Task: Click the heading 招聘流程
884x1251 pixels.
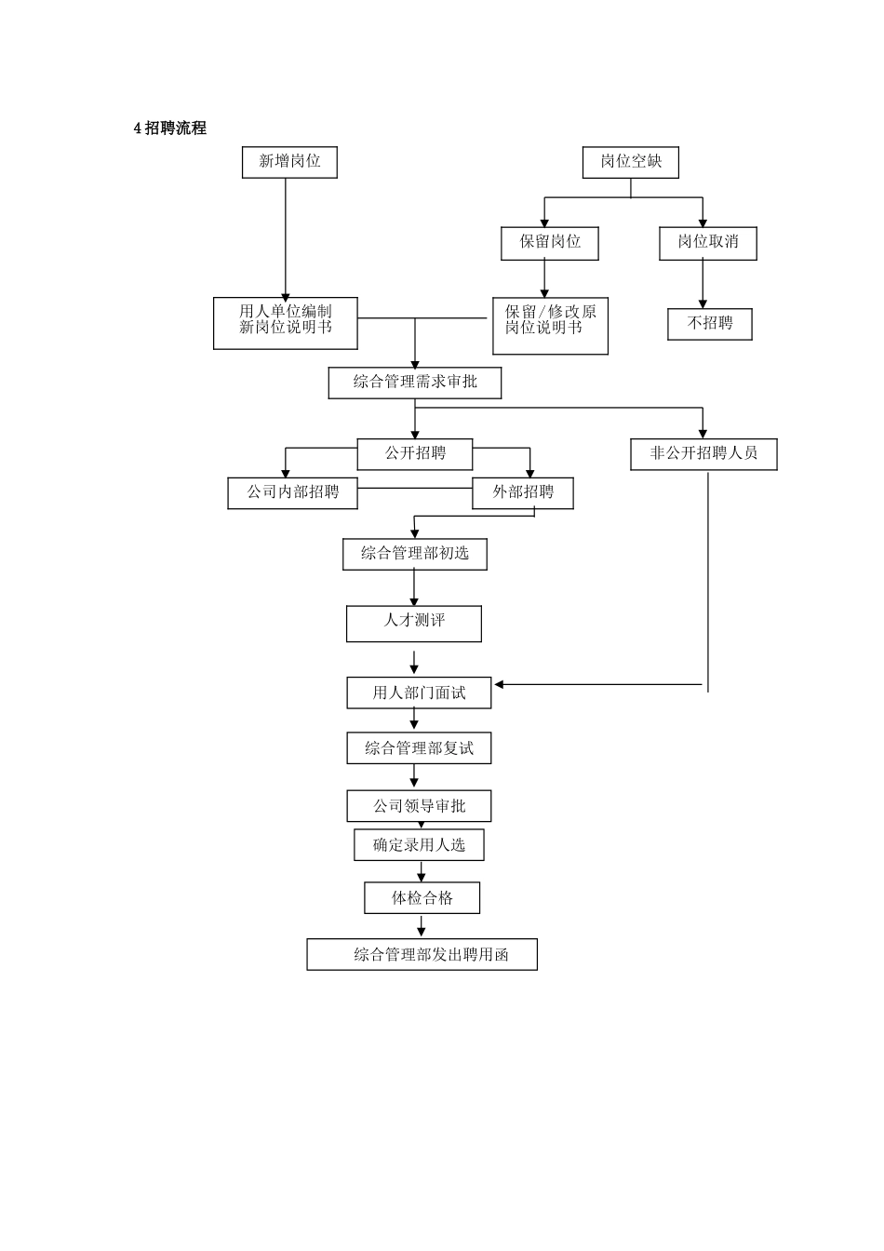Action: coord(170,128)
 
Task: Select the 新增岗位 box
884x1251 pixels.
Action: coord(289,162)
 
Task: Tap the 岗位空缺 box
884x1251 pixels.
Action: coord(631,162)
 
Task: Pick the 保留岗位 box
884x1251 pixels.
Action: coord(550,243)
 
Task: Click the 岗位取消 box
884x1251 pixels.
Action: coord(708,243)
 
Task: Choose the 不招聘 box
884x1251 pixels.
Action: coord(710,324)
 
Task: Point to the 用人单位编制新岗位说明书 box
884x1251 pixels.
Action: coord(285,322)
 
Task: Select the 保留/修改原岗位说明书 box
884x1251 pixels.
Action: coord(550,325)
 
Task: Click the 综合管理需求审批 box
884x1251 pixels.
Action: coord(415,383)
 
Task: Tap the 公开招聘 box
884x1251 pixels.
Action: coord(415,454)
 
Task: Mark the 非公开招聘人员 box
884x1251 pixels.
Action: coord(703,454)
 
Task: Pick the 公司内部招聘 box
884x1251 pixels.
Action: coord(293,492)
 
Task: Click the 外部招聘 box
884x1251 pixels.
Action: coord(523,492)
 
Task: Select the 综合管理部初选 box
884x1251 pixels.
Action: coord(415,554)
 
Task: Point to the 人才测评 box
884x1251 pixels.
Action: coord(414,623)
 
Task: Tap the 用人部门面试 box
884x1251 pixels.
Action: coord(419,693)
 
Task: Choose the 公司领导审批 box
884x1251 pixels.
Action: coord(419,806)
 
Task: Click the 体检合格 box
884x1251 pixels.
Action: coord(422,898)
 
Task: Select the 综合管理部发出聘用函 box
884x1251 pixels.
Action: coord(422,955)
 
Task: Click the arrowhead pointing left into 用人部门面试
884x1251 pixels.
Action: coord(499,685)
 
